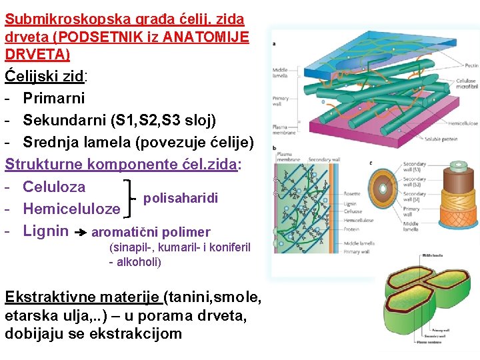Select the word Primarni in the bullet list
(x=54, y=98)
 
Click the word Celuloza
(x=54, y=187)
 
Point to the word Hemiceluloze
(x=71, y=209)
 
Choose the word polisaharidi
(x=181, y=198)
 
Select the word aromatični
(x=123, y=233)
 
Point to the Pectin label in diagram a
(x=471, y=65)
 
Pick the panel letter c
(x=371, y=162)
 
